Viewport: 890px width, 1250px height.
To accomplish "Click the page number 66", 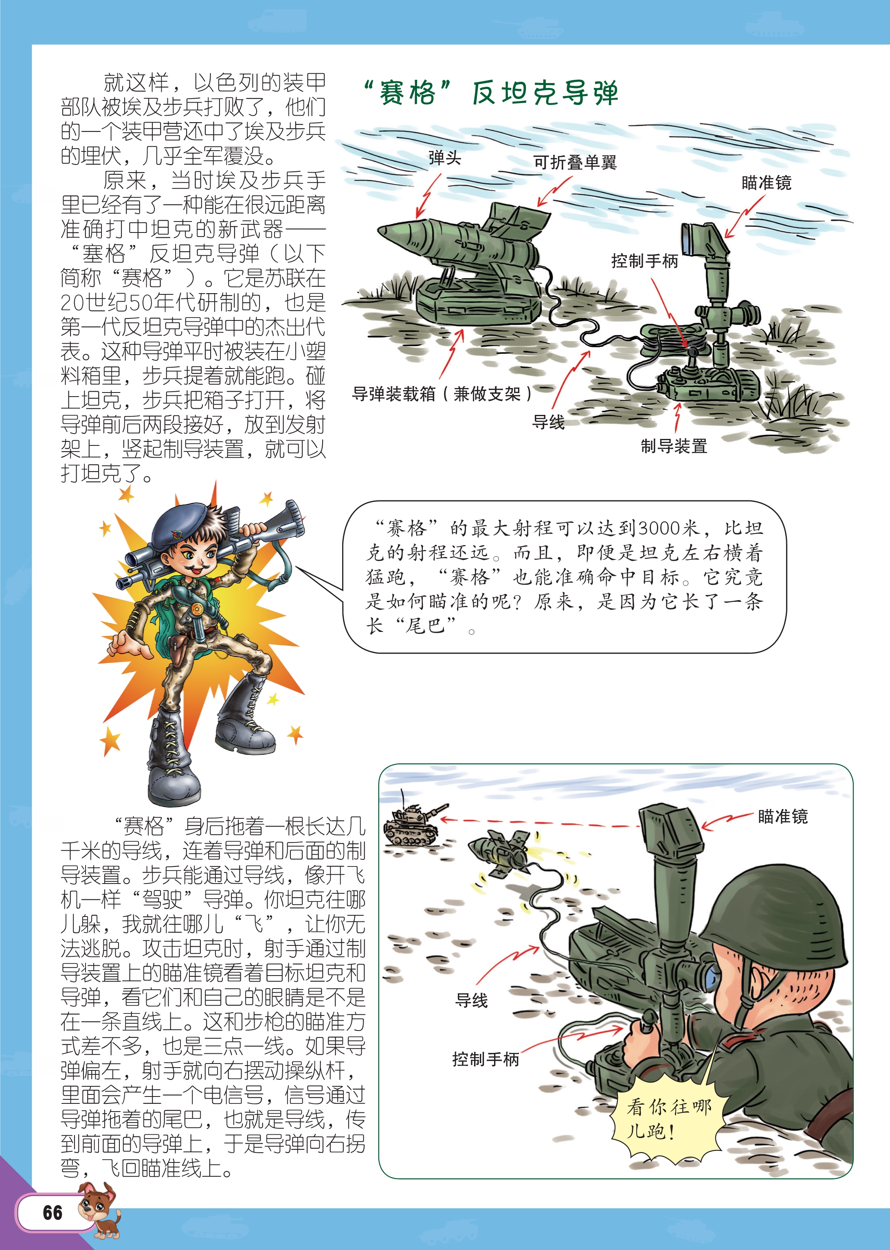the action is click(x=53, y=1212).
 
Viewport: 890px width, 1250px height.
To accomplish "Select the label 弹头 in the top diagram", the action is click(x=444, y=158).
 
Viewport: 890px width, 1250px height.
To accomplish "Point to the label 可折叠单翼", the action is click(x=575, y=162).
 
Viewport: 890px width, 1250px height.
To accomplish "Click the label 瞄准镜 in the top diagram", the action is click(x=766, y=182).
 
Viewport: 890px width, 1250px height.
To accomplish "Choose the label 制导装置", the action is click(x=674, y=446).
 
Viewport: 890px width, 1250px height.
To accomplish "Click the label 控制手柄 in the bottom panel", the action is click(x=486, y=1059).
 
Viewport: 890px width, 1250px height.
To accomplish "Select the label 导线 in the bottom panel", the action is click(x=471, y=1000).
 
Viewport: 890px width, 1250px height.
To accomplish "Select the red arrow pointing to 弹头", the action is click(x=428, y=195).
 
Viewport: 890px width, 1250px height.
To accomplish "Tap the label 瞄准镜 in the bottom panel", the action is click(x=782, y=816).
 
